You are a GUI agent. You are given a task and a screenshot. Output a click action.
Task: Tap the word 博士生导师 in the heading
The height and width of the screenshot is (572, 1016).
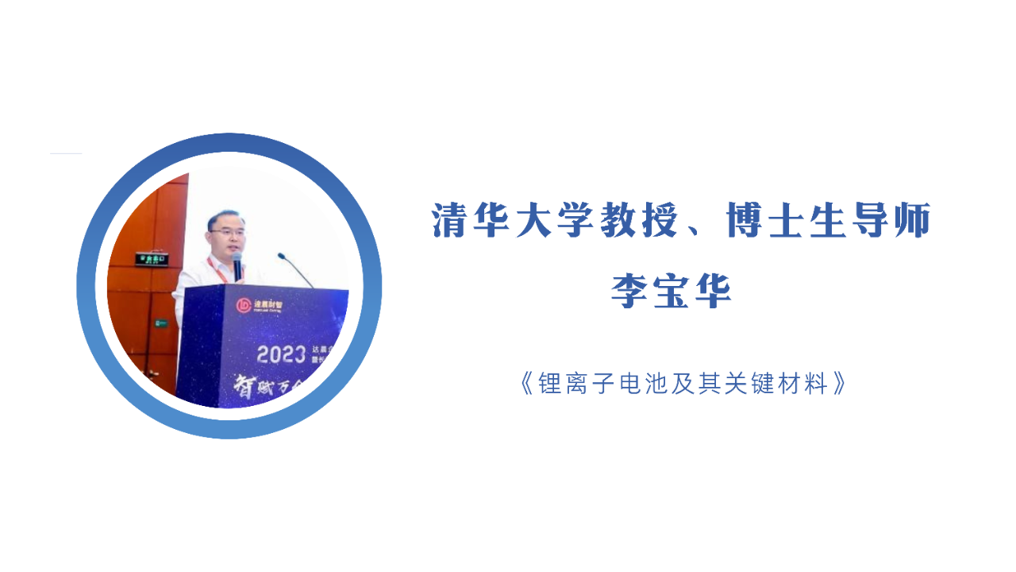[828, 221]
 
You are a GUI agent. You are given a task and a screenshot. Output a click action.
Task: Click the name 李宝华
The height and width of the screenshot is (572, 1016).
[671, 291]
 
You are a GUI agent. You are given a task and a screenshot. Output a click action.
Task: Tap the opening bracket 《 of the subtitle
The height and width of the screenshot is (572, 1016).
[526, 385]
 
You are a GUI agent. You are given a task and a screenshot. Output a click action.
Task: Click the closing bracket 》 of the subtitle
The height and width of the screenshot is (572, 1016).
[839, 385]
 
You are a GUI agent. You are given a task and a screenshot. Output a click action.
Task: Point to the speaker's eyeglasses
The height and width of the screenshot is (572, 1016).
[225, 231]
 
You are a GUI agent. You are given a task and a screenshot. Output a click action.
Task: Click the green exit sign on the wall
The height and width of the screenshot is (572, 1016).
[151, 258]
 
